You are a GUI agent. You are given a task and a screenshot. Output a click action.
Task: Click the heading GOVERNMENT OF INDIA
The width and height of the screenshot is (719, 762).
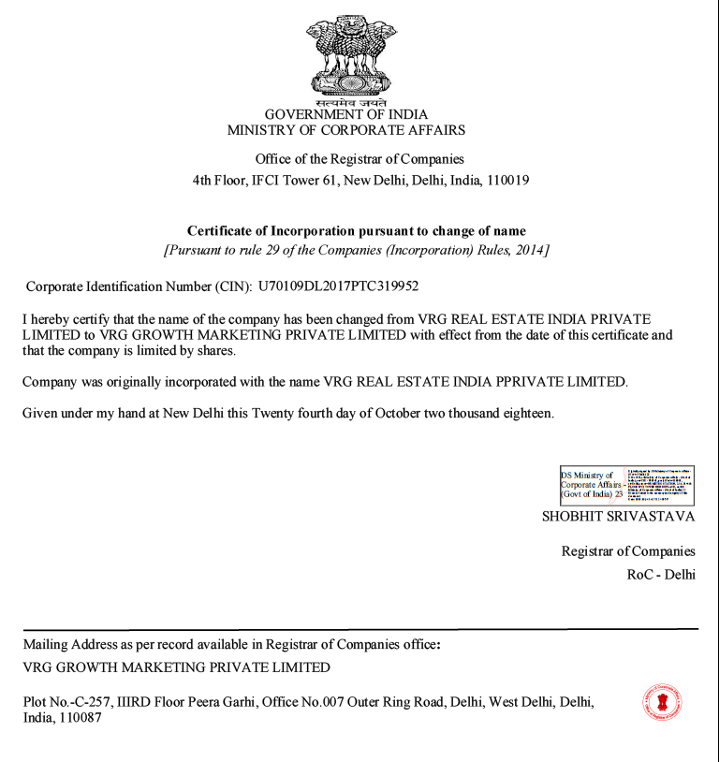pyautogui.click(x=345, y=115)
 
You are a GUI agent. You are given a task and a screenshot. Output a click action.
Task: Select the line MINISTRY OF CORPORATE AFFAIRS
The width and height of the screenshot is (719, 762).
pyautogui.click(x=345, y=131)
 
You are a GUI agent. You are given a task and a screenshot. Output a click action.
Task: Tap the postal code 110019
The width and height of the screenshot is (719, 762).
pyautogui.click(x=506, y=181)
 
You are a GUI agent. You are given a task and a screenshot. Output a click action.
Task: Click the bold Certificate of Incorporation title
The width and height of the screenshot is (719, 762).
pyautogui.click(x=357, y=230)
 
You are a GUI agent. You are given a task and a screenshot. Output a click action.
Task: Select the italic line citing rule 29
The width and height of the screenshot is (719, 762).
pyautogui.click(x=357, y=251)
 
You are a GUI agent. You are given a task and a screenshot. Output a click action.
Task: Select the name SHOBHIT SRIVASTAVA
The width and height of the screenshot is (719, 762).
pyautogui.click(x=619, y=516)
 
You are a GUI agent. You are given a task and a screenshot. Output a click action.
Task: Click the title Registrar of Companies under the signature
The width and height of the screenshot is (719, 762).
pyautogui.click(x=628, y=551)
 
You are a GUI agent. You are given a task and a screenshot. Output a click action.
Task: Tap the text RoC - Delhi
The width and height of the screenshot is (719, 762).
pyautogui.click(x=661, y=574)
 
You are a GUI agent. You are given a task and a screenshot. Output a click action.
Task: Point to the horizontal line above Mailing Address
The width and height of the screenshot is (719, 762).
pyautogui.click(x=359, y=629)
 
